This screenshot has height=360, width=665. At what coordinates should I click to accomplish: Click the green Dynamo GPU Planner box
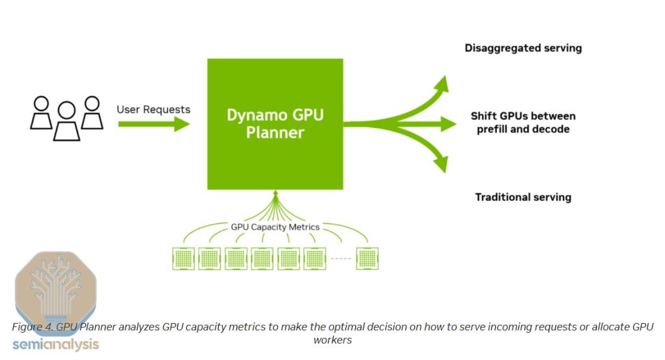(275, 124)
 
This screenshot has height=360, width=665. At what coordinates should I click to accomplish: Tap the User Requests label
(153, 110)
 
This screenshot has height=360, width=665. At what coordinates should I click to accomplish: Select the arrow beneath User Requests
(154, 124)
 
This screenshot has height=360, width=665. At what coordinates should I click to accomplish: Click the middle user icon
(67, 121)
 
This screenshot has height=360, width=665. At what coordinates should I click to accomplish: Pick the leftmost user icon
(41, 112)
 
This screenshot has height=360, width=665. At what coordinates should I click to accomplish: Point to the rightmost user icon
(92, 112)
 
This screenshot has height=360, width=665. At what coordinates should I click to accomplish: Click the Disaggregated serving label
(523, 48)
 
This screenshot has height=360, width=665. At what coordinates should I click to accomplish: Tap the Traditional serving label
(523, 197)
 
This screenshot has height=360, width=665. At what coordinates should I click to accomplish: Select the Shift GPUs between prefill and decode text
(523, 122)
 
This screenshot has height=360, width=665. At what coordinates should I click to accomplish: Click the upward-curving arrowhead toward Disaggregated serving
(442, 84)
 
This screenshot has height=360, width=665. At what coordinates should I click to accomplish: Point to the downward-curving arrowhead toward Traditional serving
(441, 164)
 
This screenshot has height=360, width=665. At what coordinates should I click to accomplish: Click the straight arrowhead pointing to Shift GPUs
(448, 124)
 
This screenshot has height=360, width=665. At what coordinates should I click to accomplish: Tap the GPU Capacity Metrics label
(275, 227)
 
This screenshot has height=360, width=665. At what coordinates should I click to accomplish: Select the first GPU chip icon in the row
(183, 259)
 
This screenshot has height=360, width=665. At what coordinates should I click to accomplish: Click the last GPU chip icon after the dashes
(368, 259)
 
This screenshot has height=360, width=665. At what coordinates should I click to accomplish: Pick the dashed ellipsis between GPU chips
(340, 259)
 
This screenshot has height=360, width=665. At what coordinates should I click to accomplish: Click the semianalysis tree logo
(56, 288)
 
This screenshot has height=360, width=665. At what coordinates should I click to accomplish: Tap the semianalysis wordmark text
(56, 344)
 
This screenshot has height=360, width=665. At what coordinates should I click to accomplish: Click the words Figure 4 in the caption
(32, 327)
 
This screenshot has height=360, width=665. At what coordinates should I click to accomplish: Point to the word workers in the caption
(332, 340)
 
